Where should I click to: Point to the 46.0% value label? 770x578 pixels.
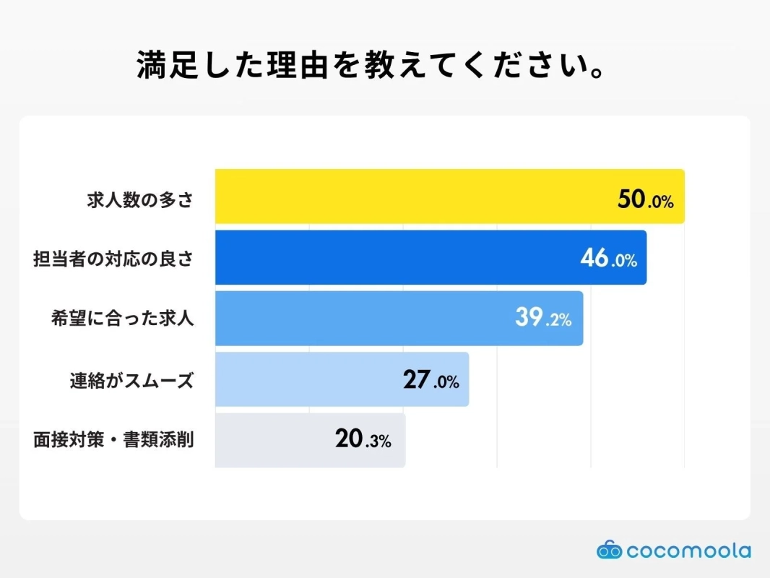tap(608, 259)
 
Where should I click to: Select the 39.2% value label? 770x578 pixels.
tap(543, 319)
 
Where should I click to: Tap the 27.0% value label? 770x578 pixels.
tap(431, 381)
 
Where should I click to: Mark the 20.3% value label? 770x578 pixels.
tap(363, 440)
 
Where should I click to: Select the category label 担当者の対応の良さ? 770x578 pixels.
tap(113, 259)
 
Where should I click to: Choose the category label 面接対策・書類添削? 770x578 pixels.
tap(113, 439)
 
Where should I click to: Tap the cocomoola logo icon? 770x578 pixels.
tap(609, 551)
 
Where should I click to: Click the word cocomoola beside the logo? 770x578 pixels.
tap(688, 551)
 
